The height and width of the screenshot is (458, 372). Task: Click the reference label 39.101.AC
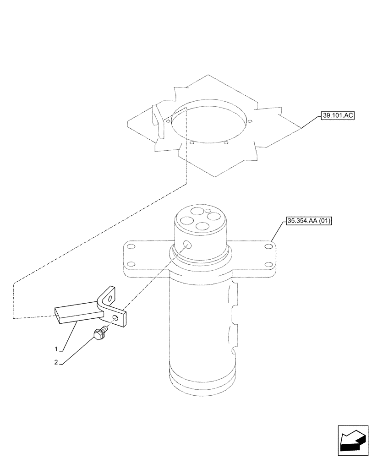[x=337, y=115]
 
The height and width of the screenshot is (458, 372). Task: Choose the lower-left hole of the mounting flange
[x=131, y=264]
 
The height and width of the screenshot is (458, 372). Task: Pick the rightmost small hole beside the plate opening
[x=251, y=121]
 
